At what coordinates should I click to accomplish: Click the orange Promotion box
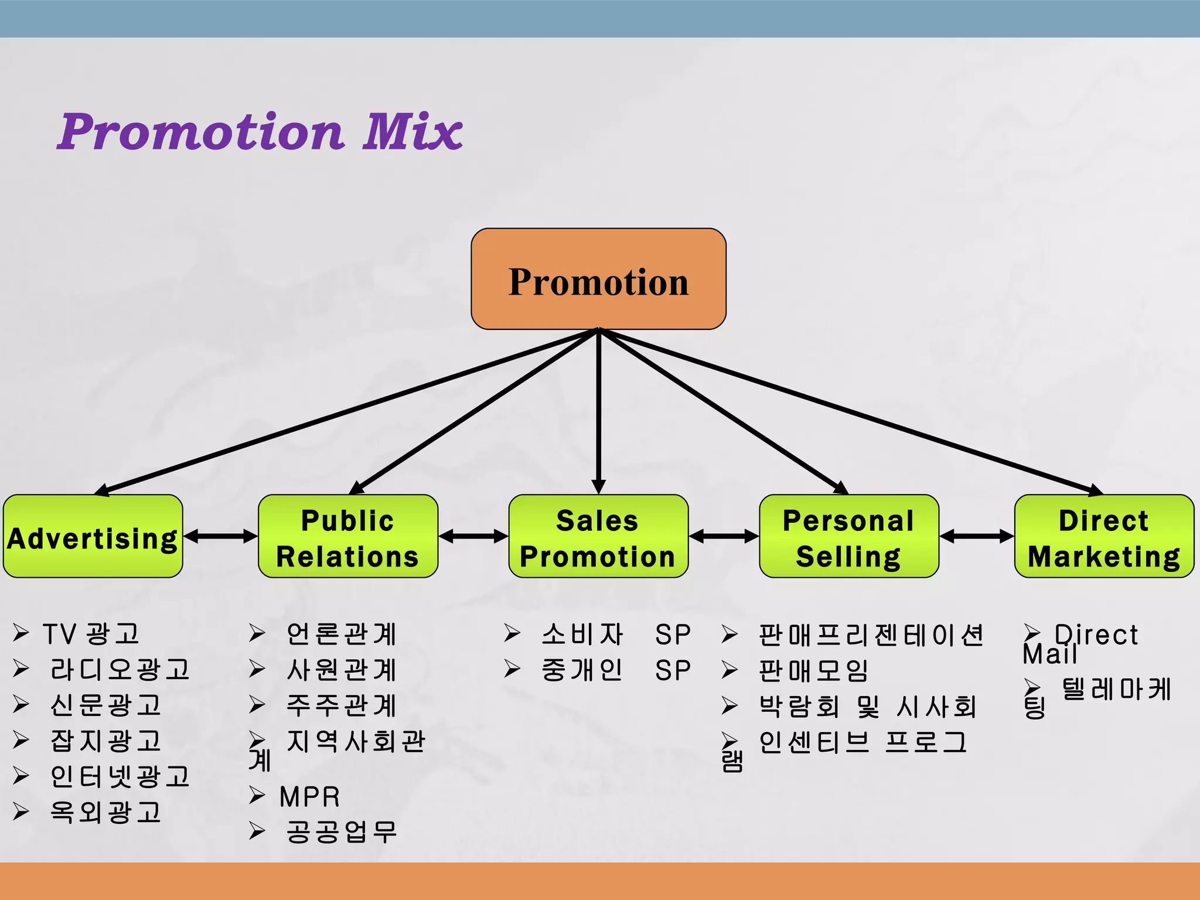(x=598, y=279)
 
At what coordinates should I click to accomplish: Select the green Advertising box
(x=93, y=536)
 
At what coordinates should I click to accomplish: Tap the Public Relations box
(x=347, y=536)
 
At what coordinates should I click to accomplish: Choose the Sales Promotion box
(x=598, y=536)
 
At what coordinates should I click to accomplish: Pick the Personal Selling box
(x=848, y=536)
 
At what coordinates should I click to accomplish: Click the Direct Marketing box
(x=1104, y=536)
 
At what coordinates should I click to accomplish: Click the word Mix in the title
(x=412, y=132)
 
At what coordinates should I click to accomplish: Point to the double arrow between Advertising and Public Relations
(x=220, y=536)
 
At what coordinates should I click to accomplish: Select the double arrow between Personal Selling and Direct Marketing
(x=976, y=536)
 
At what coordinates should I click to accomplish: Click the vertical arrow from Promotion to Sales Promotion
(x=598, y=410)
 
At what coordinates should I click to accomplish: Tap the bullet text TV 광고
(x=91, y=634)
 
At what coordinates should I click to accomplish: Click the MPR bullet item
(x=309, y=797)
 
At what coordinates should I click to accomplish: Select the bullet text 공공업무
(x=341, y=832)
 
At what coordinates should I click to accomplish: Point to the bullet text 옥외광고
(x=105, y=812)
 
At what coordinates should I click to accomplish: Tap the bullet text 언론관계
(x=341, y=634)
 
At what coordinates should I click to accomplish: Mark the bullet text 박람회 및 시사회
(x=867, y=707)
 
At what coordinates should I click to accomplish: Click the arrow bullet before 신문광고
(x=22, y=704)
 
